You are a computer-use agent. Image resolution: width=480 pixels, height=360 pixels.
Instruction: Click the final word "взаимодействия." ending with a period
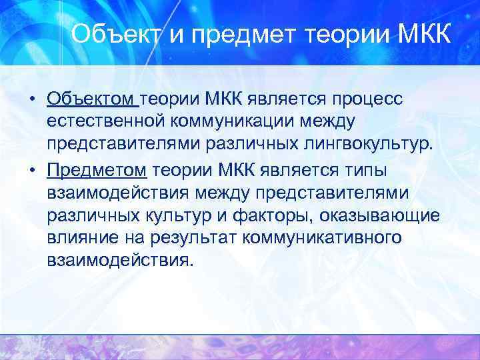[121, 261]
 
